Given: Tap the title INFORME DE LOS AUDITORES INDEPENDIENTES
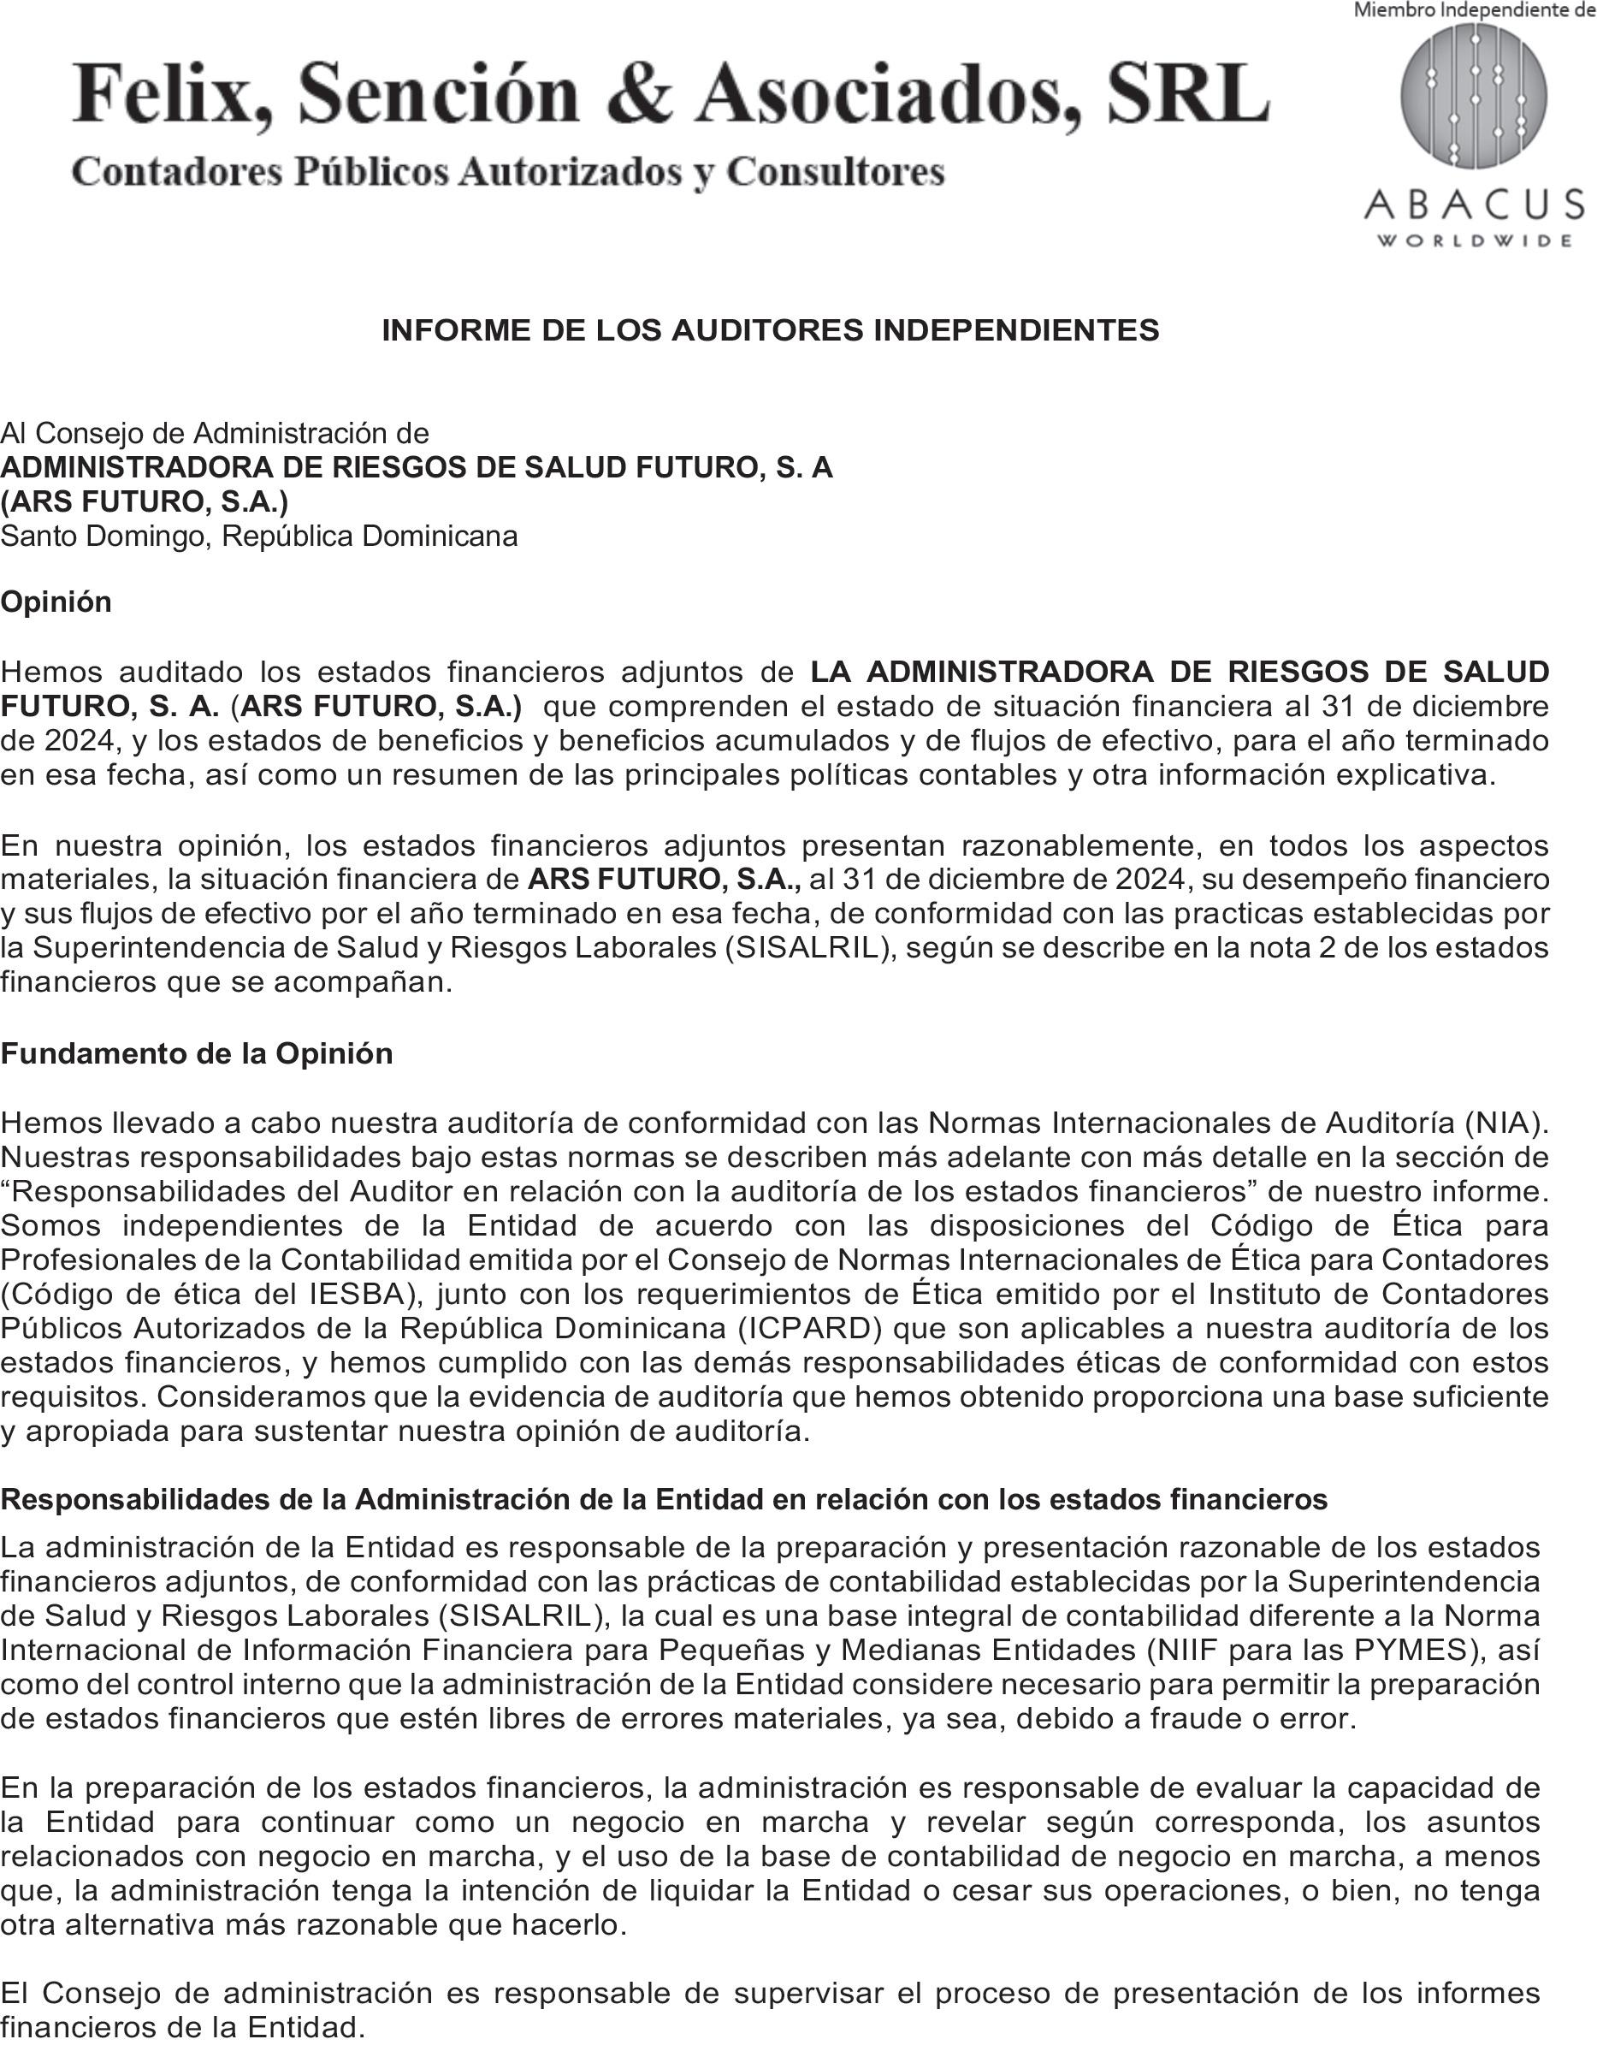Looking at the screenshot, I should (770, 329).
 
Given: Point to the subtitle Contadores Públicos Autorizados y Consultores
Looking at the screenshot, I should (507, 171).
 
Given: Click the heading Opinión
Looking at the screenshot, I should (56, 602).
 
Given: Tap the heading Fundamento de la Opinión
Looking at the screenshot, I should (196, 1053).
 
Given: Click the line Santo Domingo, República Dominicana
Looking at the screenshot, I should (259, 536).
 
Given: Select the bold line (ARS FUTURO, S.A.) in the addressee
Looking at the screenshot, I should (144, 502).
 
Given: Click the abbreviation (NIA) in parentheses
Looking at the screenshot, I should (1506, 1123).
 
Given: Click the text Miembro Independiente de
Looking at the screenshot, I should (1474, 10).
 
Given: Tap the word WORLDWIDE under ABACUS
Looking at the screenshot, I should (1474, 241).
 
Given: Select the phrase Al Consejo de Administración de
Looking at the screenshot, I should (215, 433).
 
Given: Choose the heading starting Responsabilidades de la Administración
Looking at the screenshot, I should (664, 1499).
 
